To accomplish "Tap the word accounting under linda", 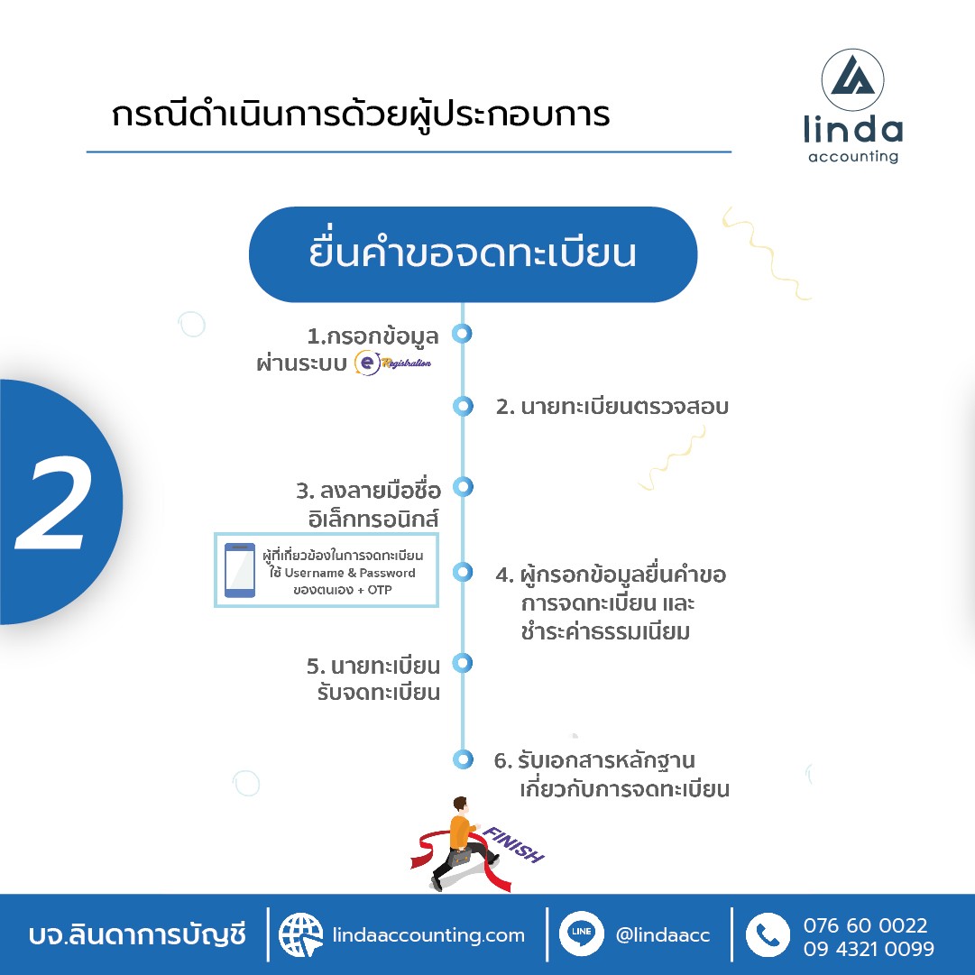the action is click(853, 157).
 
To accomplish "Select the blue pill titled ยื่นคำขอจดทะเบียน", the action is click(473, 254).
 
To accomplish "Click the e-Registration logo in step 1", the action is click(392, 363).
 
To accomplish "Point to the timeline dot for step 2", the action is click(463, 406).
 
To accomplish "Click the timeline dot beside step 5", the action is click(463, 663).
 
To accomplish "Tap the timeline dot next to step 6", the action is click(463, 759).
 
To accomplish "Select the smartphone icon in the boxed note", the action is click(239, 570).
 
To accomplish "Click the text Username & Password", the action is click(350, 573).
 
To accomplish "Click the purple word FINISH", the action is click(513, 845).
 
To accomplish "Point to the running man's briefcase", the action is click(459, 858).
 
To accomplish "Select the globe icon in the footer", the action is click(300, 934).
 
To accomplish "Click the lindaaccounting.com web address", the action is click(428, 935).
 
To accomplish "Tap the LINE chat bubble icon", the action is click(582, 934).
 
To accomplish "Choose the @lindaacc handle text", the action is click(663, 935).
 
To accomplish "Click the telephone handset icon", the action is click(768, 934).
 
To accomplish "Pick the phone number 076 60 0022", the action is click(865, 925).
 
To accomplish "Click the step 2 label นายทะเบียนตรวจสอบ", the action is click(625, 408).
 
